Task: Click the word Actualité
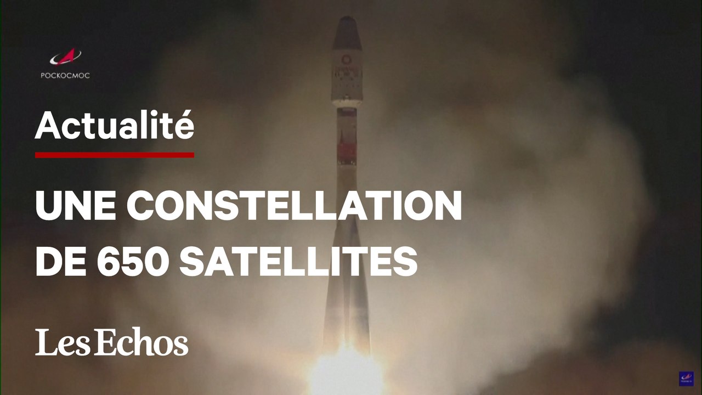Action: (114, 126)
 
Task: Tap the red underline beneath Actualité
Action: (114, 155)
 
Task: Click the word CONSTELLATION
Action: (295, 207)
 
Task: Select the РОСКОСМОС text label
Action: (65, 76)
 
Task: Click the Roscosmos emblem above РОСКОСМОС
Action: (65, 57)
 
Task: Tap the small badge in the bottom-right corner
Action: (686, 379)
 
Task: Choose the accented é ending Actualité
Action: (184, 126)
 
